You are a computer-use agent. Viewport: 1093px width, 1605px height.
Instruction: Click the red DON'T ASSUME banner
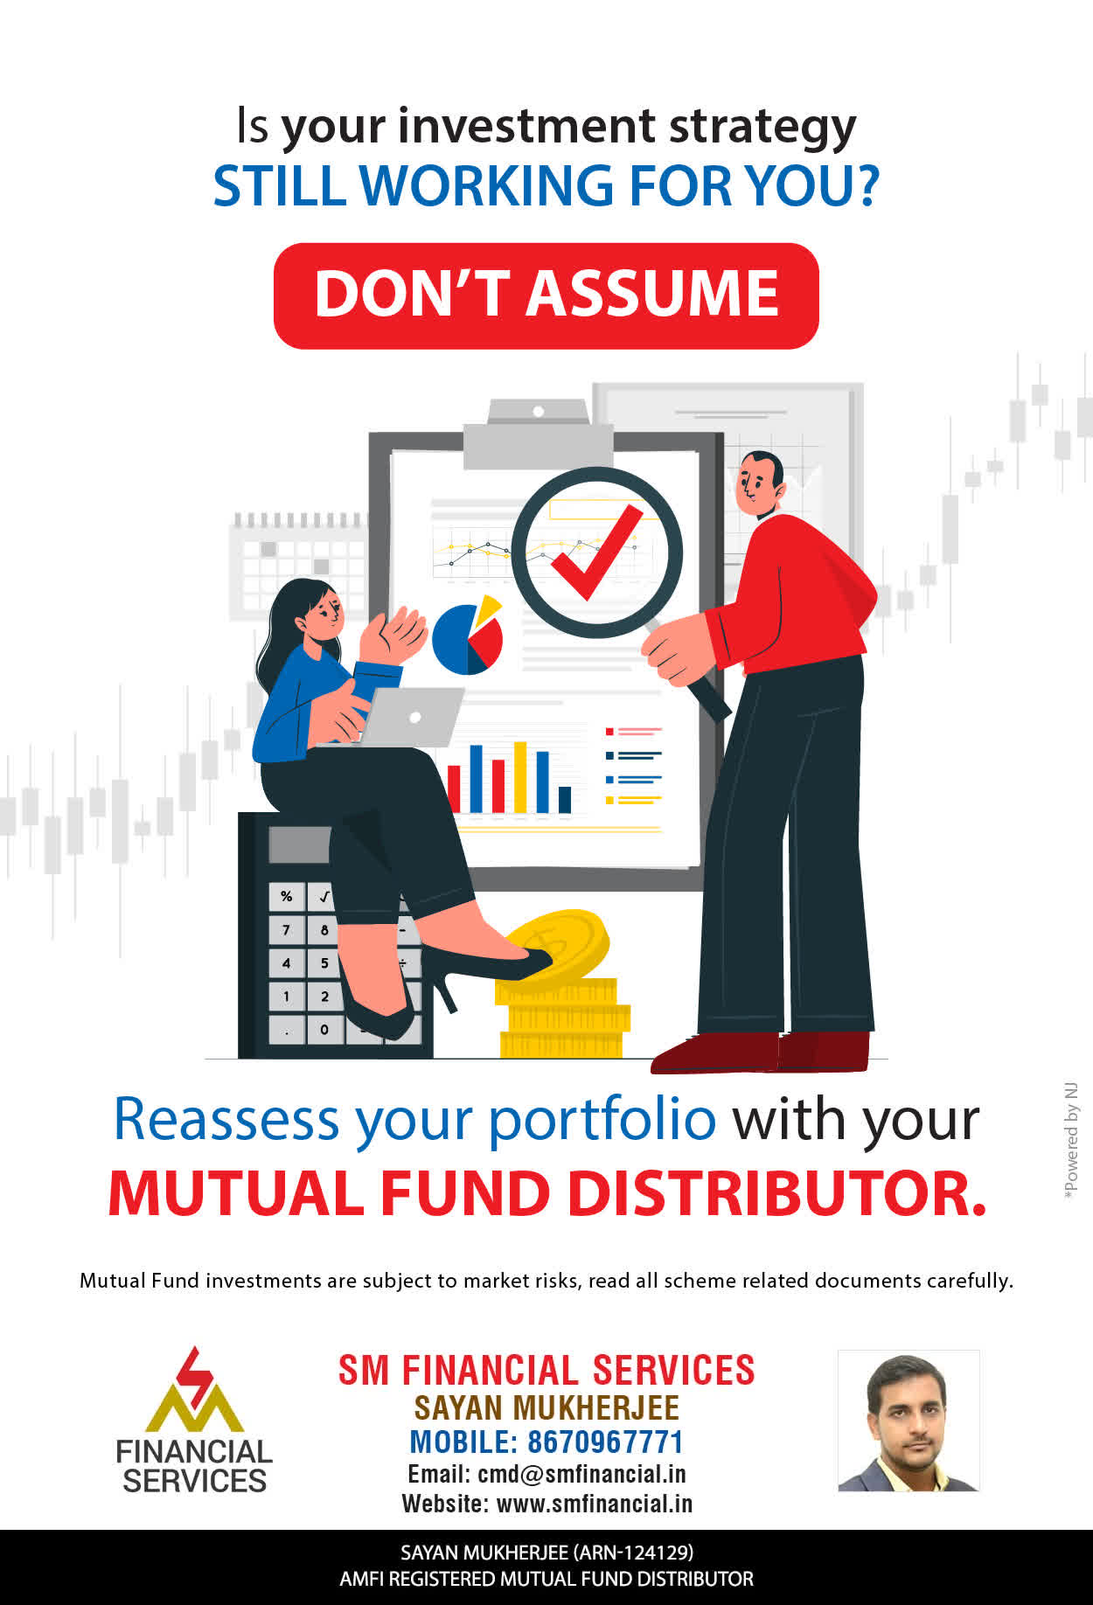click(546, 295)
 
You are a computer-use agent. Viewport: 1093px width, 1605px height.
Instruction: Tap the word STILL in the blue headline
click(279, 185)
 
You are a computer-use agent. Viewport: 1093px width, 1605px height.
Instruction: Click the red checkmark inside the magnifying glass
click(596, 552)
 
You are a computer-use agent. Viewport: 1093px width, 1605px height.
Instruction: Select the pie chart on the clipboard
click(469, 636)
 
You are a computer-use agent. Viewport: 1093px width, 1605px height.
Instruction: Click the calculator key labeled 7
click(287, 929)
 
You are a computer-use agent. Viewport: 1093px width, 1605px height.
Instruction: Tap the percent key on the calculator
click(287, 897)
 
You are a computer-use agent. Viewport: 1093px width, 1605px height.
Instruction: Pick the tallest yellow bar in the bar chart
click(520, 777)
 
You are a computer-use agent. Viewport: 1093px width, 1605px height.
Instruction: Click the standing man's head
click(758, 483)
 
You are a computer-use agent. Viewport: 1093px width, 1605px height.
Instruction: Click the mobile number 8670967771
click(605, 1442)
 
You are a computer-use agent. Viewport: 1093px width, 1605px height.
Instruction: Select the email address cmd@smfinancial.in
click(581, 1474)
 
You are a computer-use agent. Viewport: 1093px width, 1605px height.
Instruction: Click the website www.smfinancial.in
click(595, 1504)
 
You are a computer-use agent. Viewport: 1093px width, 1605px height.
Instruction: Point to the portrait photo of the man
click(909, 1421)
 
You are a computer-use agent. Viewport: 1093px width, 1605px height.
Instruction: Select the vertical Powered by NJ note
click(1071, 1142)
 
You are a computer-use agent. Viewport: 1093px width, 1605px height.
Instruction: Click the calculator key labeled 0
click(324, 1029)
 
